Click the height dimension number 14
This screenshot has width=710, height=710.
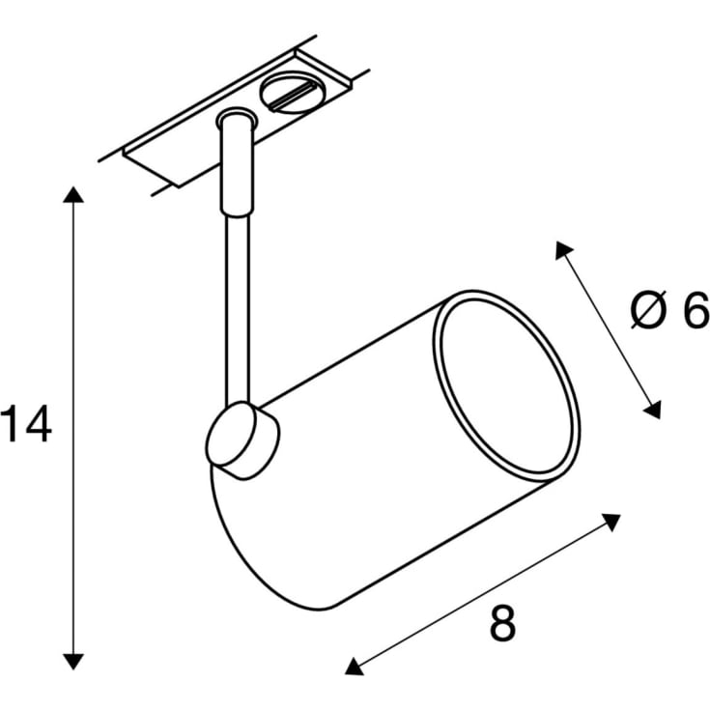tap(25, 426)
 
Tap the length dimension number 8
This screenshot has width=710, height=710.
tap(502, 624)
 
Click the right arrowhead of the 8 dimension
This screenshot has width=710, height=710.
tap(611, 522)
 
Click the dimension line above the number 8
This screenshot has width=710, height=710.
tap(483, 593)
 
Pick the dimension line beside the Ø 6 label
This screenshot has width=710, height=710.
tap(608, 329)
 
